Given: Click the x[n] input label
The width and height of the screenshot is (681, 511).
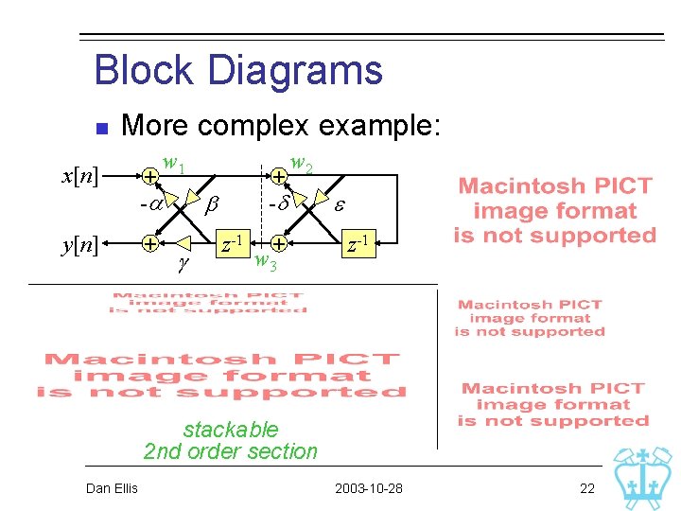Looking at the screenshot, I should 80,177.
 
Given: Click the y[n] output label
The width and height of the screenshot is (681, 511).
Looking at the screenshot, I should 80,244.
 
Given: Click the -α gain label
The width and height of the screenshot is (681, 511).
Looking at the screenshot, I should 148,202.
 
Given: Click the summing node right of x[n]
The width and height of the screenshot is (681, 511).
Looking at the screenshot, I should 149,177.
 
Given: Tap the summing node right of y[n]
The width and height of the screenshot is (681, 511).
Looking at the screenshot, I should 149,244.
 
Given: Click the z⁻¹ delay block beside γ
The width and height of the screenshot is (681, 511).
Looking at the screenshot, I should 232,243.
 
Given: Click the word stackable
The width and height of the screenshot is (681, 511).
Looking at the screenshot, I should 231,429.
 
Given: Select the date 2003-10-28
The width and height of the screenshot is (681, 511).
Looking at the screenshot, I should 369,488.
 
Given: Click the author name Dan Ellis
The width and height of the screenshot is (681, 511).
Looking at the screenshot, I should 112,488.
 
